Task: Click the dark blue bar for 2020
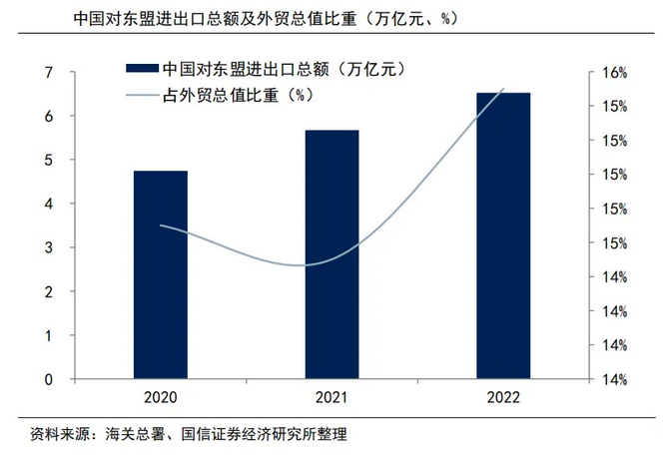tap(161, 275)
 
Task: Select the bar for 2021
tap(333, 254)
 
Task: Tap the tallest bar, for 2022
tap(503, 235)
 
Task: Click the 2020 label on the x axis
tap(161, 398)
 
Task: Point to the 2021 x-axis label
tap(333, 398)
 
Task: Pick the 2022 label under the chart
tap(503, 398)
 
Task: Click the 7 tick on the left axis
tap(48, 72)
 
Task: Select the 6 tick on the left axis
tap(48, 116)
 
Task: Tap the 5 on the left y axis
tap(48, 160)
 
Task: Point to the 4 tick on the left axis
tap(48, 204)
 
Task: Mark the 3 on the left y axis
tap(48, 247)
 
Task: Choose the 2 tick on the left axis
tap(48, 291)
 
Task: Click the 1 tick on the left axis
tap(48, 335)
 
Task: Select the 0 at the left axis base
tap(48, 379)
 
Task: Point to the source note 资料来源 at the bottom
tap(189, 434)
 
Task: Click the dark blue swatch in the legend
tap(140, 69)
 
